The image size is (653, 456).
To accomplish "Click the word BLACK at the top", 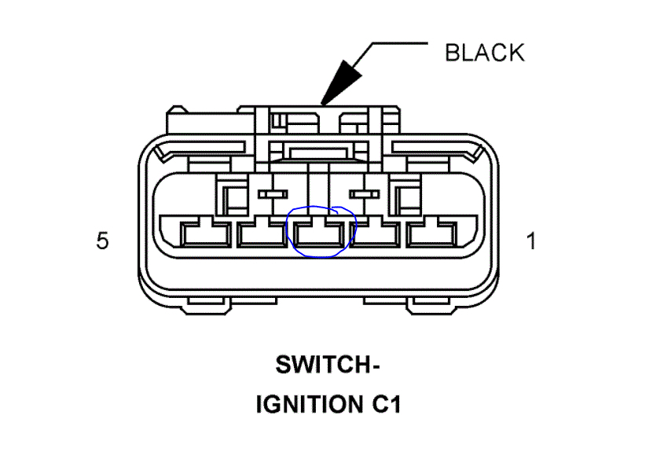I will tap(484, 53).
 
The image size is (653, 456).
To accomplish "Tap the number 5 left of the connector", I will tap(102, 241).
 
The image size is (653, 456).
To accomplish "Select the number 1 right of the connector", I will tap(531, 241).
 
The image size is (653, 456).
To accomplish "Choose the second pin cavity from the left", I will tap(262, 233).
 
